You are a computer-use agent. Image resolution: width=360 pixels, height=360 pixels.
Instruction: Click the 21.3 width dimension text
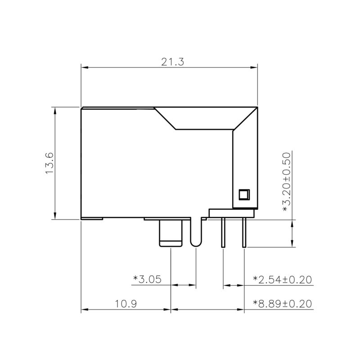[x=173, y=62]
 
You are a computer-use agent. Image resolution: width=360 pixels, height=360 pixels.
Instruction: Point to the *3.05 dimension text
[x=147, y=279]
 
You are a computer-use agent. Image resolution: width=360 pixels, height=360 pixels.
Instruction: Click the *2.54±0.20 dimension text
[x=283, y=279]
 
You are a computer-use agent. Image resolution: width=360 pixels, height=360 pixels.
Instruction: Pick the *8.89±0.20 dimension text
[x=283, y=304]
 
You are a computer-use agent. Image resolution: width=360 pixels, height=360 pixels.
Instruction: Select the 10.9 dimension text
[x=126, y=304]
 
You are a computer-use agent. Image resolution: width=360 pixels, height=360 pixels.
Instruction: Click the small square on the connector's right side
[x=243, y=194]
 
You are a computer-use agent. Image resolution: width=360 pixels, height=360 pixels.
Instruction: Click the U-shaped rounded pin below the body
[x=196, y=234]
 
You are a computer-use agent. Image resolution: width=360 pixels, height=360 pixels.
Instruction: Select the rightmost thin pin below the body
[x=244, y=233]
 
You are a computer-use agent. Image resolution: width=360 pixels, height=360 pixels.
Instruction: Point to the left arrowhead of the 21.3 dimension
[x=84, y=68]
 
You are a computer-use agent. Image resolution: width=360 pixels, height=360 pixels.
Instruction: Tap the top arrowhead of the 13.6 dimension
[x=54, y=110]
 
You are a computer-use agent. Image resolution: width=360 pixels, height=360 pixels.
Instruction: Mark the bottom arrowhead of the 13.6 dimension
[x=54, y=216]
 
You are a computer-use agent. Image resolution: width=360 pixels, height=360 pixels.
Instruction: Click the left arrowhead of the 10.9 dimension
[x=84, y=310]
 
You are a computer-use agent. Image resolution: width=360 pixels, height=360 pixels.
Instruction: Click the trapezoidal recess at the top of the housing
[x=198, y=118]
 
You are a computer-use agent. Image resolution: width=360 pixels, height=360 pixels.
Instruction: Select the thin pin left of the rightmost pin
[x=223, y=233]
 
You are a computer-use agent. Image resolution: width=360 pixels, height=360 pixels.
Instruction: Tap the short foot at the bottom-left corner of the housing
[x=92, y=219]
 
